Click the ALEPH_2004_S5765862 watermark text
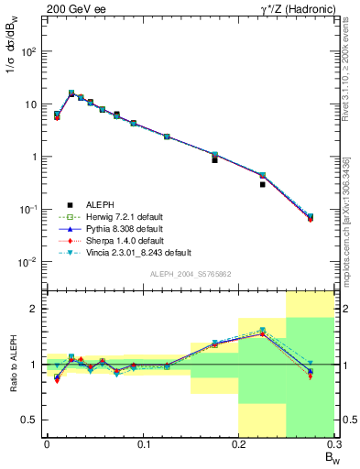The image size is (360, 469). click(x=190, y=274)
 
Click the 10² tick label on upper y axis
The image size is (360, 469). click(x=30, y=52)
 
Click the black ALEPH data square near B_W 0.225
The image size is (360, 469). click(x=262, y=184)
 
